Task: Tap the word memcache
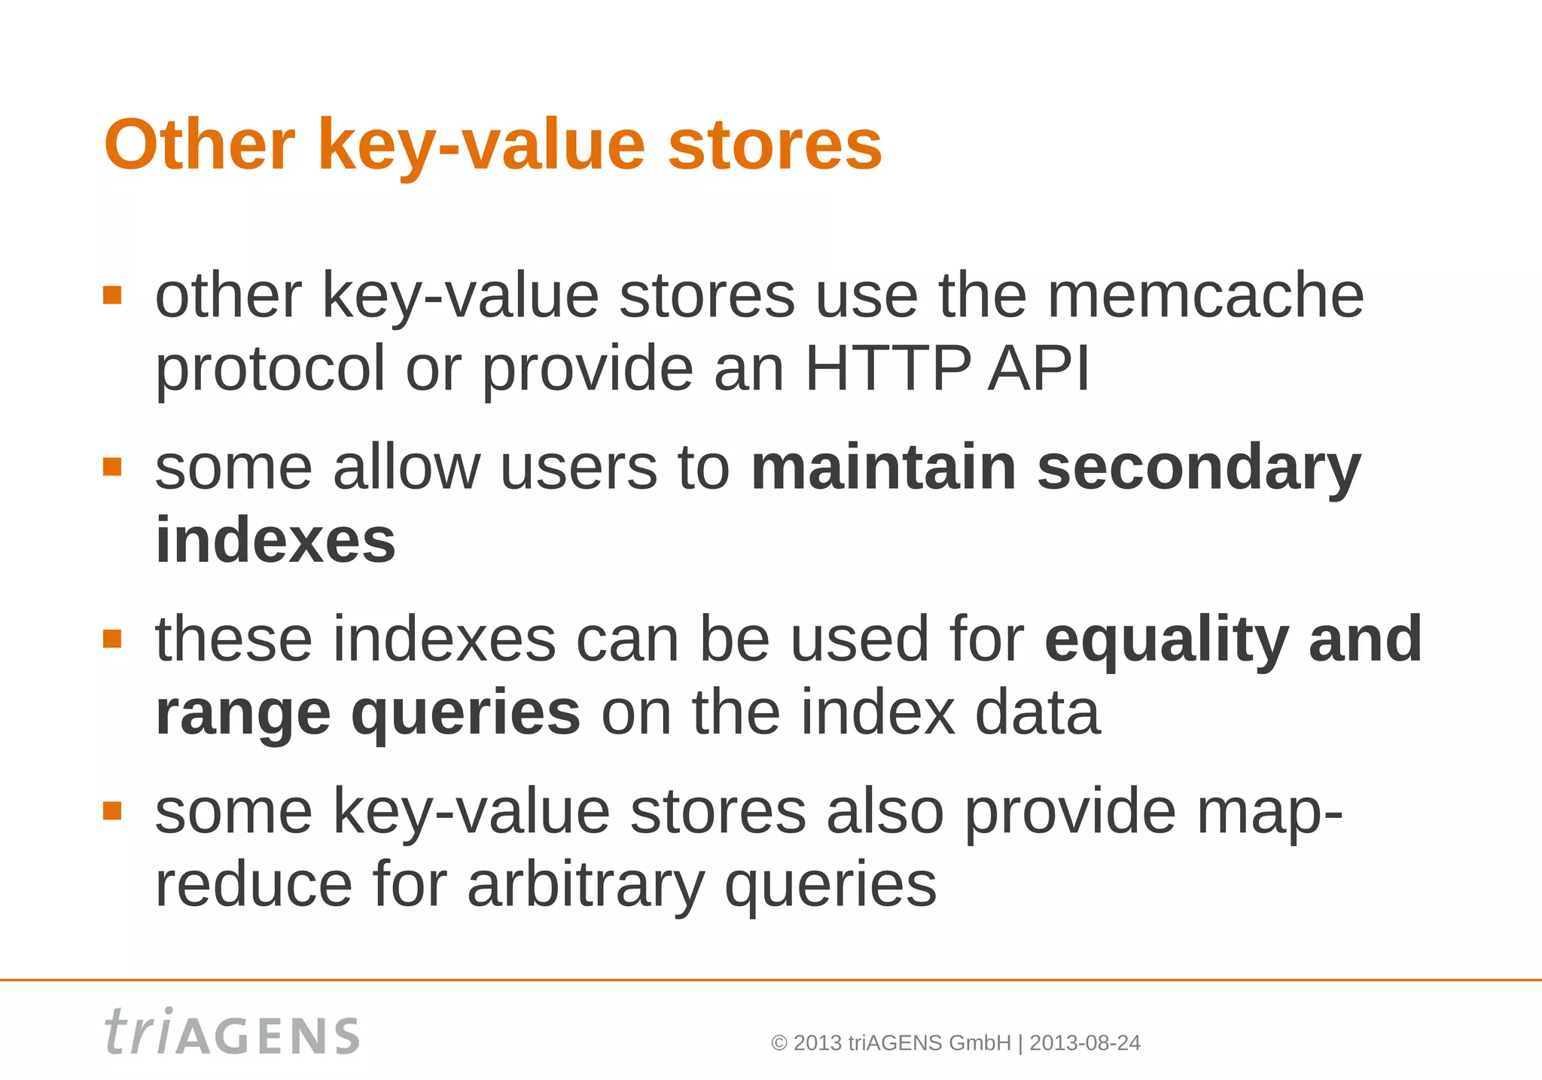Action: click(1205, 295)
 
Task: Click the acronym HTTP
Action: click(888, 369)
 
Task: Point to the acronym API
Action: click(1039, 369)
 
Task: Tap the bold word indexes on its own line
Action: click(275, 541)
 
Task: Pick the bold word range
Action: click(242, 712)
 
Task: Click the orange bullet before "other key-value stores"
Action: click(112, 295)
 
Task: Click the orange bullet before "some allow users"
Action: click(112, 467)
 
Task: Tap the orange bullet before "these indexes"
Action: click(112, 639)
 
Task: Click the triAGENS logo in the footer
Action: click(231, 1033)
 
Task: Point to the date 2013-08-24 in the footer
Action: click(1084, 1043)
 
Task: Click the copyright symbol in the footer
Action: click(779, 1043)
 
